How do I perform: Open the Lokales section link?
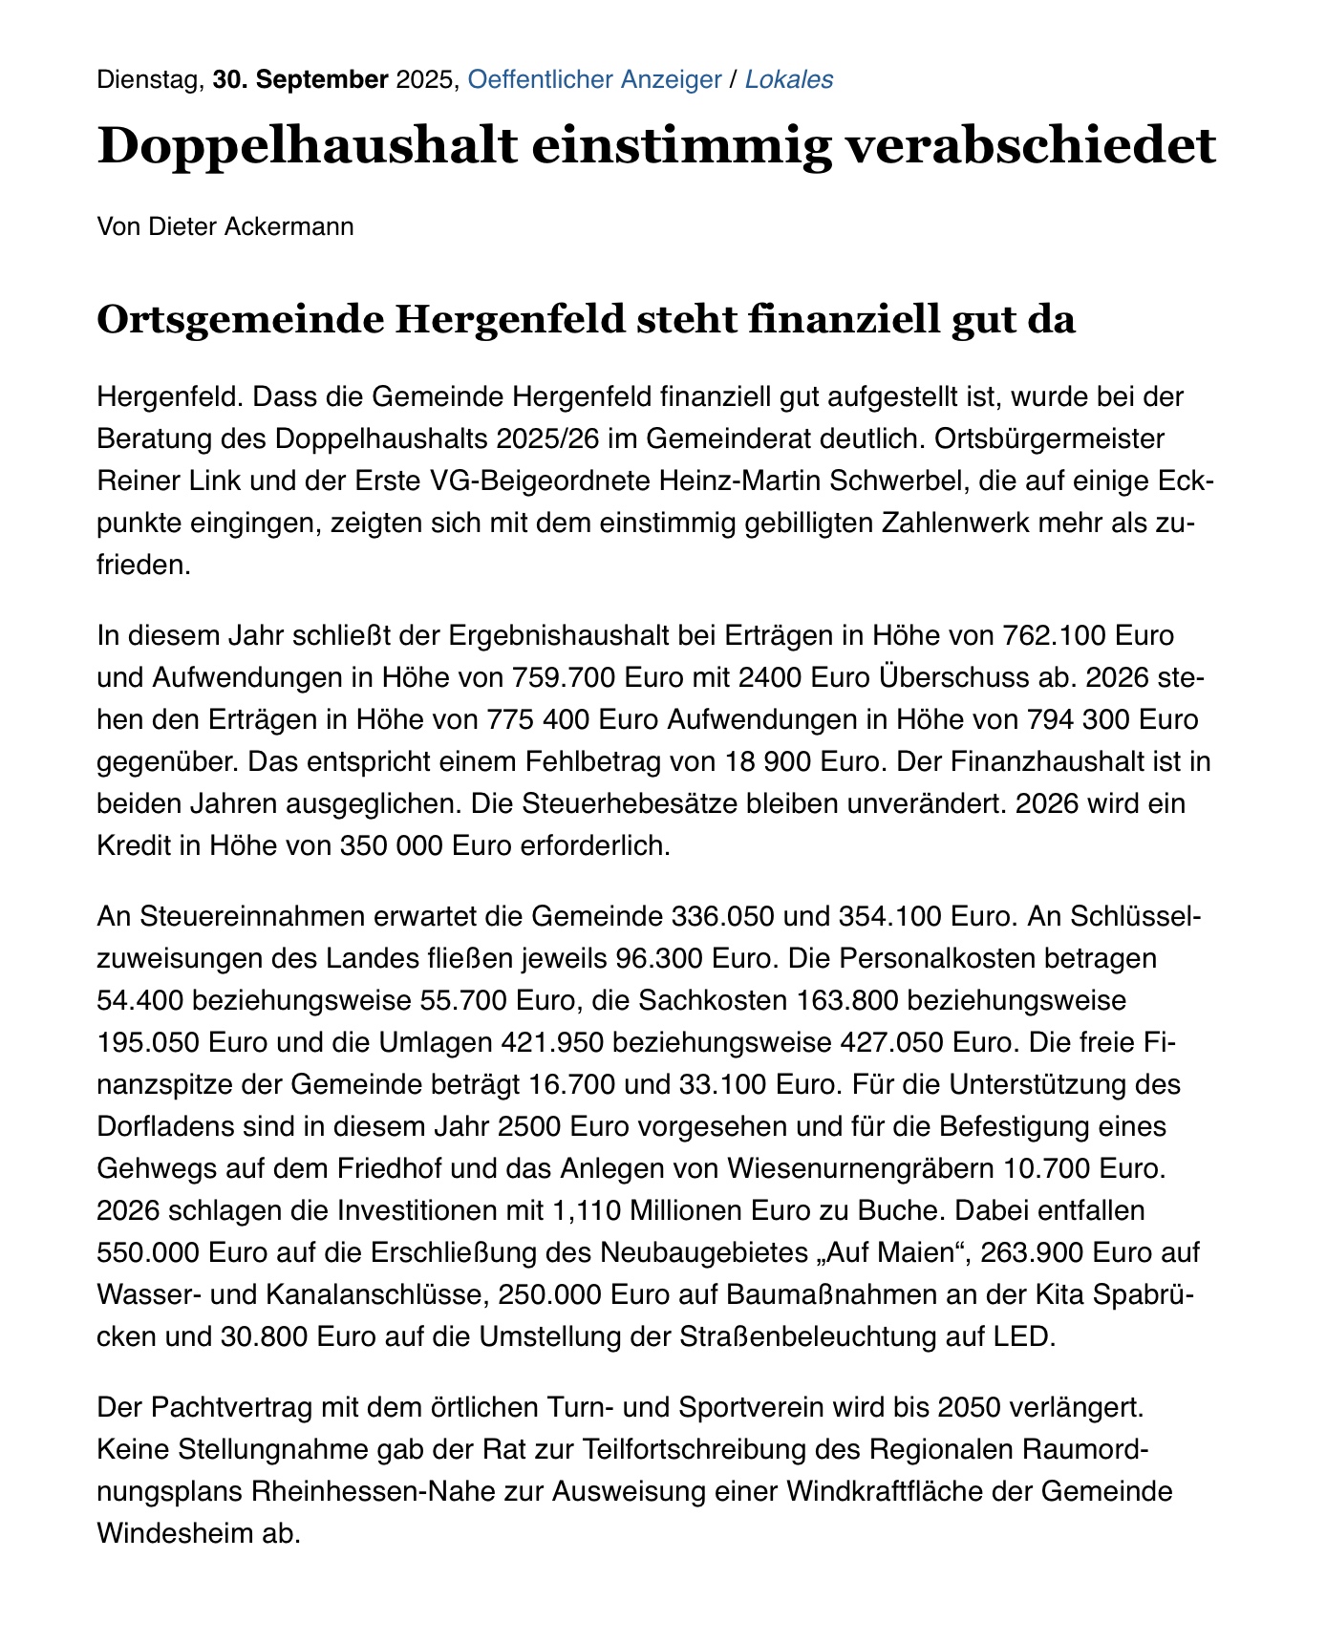coord(788,79)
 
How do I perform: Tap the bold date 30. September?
coord(300,79)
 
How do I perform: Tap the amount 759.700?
coord(563,677)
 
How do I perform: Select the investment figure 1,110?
coord(585,1209)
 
